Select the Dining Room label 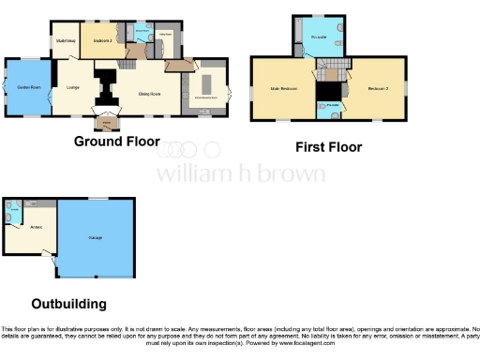(139, 94)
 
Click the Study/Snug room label (65, 40)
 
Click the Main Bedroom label (283, 88)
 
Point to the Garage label (96, 237)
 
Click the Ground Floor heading (117, 142)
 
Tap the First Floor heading (328, 147)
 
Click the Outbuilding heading (68, 304)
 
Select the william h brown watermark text (240, 173)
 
